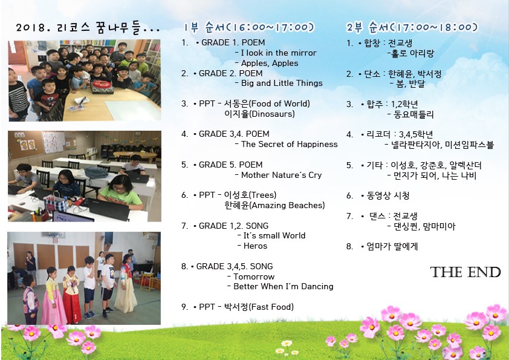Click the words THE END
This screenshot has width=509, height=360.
(x=465, y=272)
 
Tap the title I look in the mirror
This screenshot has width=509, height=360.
(x=279, y=53)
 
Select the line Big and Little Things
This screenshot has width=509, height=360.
(x=282, y=83)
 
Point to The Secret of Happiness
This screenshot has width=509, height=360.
(x=289, y=144)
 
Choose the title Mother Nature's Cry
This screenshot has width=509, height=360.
(x=281, y=175)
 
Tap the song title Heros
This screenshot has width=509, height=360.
(x=255, y=246)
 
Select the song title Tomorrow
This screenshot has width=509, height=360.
(x=254, y=277)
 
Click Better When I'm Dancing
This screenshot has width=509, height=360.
(x=284, y=286)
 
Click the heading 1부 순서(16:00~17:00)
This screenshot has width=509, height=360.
(x=249, y=27)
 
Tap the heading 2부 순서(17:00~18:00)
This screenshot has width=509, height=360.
(x=412, y=27)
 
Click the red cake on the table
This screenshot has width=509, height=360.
(x=103, y=87)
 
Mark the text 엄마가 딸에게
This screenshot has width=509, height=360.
(x=392, y=247)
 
